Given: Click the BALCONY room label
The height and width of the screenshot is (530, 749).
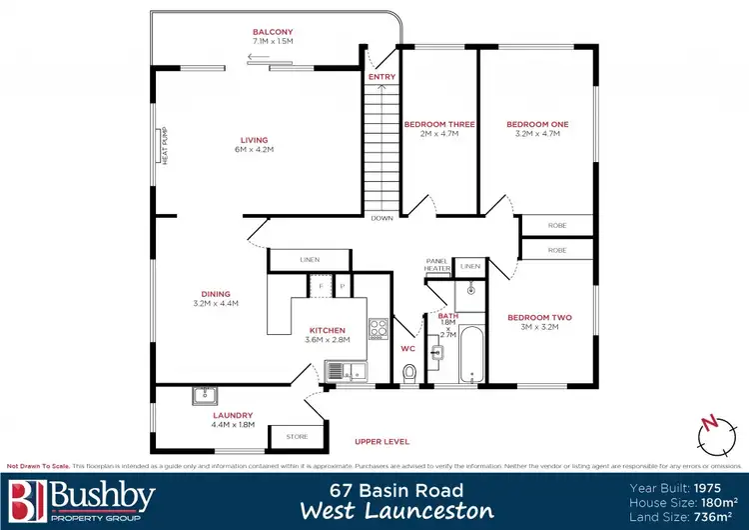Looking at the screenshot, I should click(273, 32).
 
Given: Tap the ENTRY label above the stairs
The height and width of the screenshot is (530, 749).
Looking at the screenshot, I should click(381, 77).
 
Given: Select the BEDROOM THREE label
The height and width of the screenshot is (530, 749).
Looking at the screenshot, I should click(438, 124).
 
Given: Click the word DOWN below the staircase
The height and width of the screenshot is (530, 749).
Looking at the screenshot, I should click(381, 217).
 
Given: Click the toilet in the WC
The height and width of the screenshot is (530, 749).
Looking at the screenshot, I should click(407, 373).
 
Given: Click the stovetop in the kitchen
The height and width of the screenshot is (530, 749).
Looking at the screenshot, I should click(378, 330).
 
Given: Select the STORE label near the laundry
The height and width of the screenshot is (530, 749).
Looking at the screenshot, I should click(297, 436).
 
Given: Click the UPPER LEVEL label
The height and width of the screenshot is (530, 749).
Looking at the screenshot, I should click(382, 440).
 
